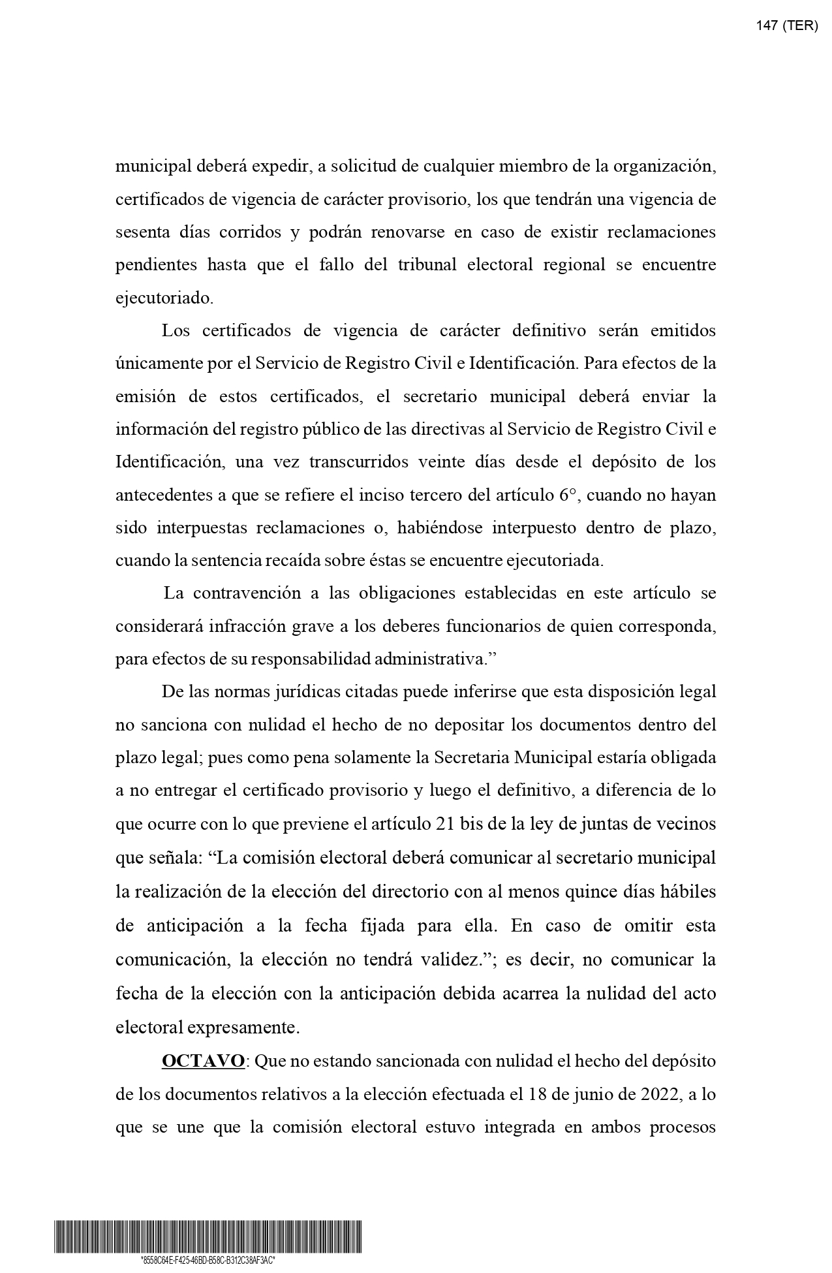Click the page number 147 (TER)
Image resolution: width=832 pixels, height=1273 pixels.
tap(786, 26)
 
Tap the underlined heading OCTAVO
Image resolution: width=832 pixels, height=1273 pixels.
tap(203, 1061)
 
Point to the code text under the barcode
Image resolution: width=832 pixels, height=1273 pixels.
tap(208, 1260)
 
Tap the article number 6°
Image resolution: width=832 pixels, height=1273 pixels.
tap(568, 495)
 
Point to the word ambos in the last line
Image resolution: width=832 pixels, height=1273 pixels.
tap(612, 1127)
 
